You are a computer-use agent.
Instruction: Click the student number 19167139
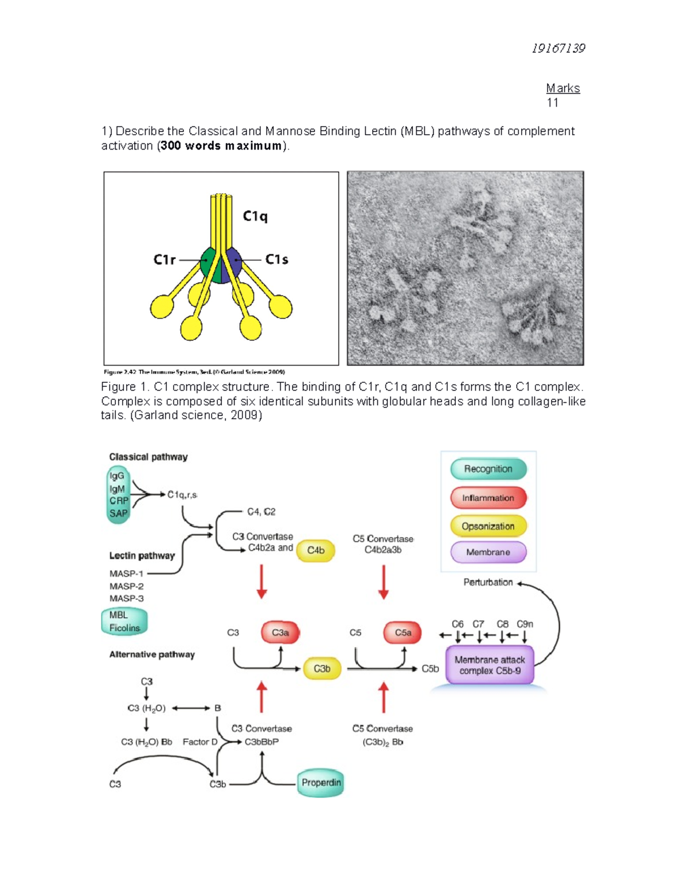(558, 48)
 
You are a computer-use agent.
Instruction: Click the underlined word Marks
(562, 88)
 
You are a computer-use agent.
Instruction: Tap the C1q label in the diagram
(255, 216)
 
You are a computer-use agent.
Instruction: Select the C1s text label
(276, 260)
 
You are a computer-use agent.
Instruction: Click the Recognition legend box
(488, 469)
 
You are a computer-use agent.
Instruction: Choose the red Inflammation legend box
(488, 497)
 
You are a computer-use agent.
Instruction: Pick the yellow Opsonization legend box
(488, 526)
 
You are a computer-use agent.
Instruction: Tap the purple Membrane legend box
(488, 552)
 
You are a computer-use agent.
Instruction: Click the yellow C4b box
(315, 550)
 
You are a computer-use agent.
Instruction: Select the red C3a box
(280, 633)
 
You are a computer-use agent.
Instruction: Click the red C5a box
(402, 633)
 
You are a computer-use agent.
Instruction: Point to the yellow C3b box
(322, 669)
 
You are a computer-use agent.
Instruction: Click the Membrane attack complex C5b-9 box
(490, 665)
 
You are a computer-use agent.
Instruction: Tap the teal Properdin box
(321, 783)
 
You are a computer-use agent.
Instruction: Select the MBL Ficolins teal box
(124, 622)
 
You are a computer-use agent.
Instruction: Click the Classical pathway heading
(148, 457)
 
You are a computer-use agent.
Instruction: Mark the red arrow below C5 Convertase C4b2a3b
(384, 582)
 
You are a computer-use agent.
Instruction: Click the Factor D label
(200, 742)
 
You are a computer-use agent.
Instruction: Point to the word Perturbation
(488, 582)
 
